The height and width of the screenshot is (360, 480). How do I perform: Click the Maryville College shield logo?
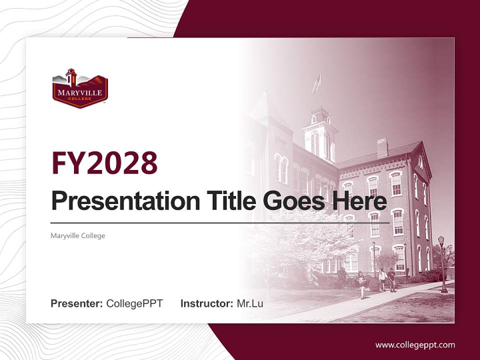[x=80, y=88]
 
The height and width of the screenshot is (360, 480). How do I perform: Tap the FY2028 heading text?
[x=104, y=162]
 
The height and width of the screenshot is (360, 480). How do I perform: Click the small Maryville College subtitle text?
[x=78, y=235]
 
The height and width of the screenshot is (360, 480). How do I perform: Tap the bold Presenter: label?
[x=77, y=303]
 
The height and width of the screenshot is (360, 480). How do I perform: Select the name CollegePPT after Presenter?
[x=134, y=303]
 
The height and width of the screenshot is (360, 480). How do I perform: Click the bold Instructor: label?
[x=207, y=303]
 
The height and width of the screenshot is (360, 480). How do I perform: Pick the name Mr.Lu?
[x=250, y=303]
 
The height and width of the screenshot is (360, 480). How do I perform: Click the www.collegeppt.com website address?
[x=415, y=344]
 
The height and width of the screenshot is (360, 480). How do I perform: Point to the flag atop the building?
[x=316, y=84]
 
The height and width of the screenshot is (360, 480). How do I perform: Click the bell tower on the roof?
[x=319, y=132]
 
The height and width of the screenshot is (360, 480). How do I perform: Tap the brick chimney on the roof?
[x=382, y=147]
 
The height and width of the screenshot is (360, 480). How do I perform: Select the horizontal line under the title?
[x=220, y=222]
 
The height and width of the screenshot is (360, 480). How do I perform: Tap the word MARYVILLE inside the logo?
[x=80, y=92]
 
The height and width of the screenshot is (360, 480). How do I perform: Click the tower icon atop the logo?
[x=71, y=77]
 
